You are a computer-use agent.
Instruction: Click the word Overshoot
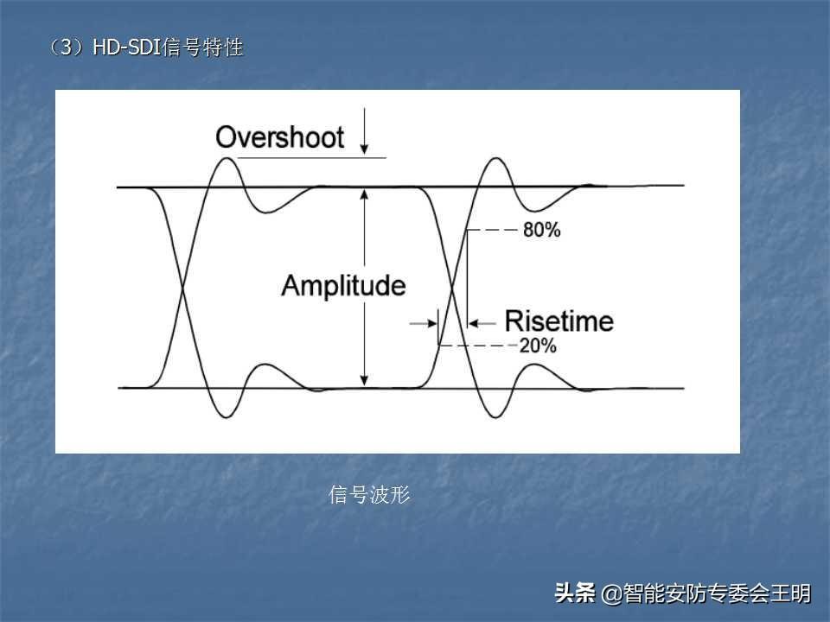point(279,137)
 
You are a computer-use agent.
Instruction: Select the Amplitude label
point(343,286)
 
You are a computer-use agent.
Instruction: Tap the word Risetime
point(559,321)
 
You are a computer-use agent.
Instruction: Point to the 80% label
point(541,230)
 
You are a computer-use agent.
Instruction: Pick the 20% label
point(537,346)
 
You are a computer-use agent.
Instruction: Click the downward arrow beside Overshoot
point(364,131)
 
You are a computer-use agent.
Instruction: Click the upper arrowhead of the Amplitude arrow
point(364,194)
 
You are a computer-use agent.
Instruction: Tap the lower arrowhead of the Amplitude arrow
point(364,380)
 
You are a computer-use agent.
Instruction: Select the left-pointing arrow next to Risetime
point(482,323)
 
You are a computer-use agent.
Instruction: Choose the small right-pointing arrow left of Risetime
point(424,323)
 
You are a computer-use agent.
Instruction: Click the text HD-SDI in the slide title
point(126,48)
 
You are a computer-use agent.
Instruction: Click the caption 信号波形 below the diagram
point(369,495)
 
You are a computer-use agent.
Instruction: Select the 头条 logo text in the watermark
point(575,593)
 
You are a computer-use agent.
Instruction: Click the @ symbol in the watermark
point(611,594)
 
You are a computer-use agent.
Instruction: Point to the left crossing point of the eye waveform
point(182,289)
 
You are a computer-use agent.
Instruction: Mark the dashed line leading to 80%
point(492,230)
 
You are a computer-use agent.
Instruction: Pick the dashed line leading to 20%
point(478,346)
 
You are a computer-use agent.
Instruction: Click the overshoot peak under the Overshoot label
point(227,158)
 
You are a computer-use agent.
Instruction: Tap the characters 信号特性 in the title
point(202,48)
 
